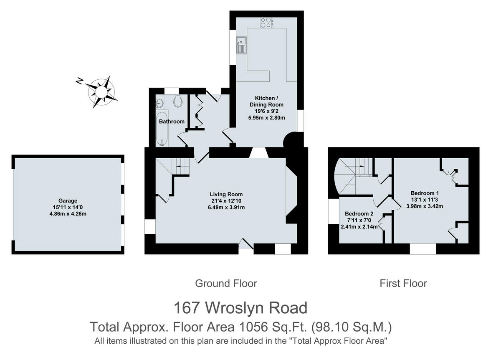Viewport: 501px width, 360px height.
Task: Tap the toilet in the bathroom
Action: [178, 101]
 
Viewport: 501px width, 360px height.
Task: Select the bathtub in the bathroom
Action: [162, 129]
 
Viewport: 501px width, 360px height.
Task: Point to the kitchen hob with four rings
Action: [266, 23]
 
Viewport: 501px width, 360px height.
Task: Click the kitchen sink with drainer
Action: [241, 45]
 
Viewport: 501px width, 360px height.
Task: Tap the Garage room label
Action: [68, 201]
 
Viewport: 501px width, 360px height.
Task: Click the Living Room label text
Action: [226, 194]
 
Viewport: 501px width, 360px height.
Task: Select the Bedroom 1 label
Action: [425, 193]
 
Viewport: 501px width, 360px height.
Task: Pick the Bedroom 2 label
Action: [359, 214]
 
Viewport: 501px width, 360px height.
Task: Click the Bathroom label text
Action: [172, 122]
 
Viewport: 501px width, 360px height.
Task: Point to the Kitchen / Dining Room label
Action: [266, 101]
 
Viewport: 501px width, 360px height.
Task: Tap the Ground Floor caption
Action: [226, 284]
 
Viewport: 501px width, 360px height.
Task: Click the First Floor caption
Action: [403, 284]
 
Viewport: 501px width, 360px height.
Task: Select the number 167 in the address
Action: [187, 308]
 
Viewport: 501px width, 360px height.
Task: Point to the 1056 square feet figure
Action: [254, 327]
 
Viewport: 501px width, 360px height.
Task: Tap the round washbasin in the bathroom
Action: [159, 104]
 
